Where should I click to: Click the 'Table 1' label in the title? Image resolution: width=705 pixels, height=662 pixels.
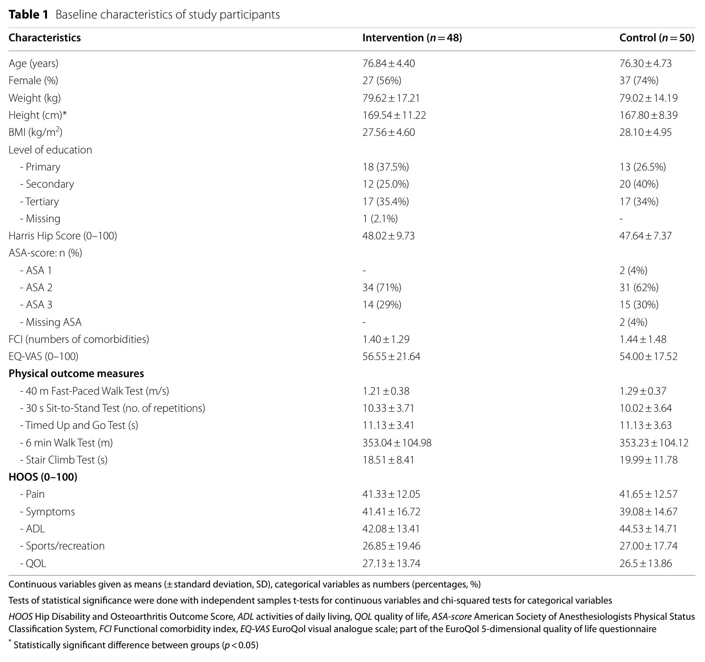pyautogui.click(x=29, y=15)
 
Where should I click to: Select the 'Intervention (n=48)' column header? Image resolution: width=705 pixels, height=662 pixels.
pyautogui.click(x=412, y=38)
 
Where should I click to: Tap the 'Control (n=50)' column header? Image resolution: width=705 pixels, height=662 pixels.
pyautogui.click(x=657, y=38)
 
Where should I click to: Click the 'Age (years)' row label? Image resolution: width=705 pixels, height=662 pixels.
pyautogui.click(x=33, y=64)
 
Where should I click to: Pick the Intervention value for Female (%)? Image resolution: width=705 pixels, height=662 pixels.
pyautogui.click(x=381, y=81)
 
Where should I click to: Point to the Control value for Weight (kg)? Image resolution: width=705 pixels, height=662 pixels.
pyautogui.click(x=648, y=98)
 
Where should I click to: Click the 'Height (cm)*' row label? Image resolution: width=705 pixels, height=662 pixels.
pyautogui.click(x=38, y=115)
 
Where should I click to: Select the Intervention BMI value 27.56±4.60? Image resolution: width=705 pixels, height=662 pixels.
pyautogui.click(x=388, y=132)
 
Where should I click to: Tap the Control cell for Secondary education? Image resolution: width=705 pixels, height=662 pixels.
pyautogui.click(x=639, y=184)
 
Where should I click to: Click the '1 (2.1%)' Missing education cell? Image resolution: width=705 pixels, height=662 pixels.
pyautogui.click(x=380, y=219)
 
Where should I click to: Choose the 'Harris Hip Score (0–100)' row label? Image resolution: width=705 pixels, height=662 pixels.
pyautogui.click(x=63, y=236)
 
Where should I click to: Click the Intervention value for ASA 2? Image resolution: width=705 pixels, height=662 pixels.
pyautogui.click(x=381, y=288)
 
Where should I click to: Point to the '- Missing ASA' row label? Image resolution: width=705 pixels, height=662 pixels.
pyautogui.click(x=50, y=322)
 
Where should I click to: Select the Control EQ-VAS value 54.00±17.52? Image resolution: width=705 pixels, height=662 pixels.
pyautogui.click(x=648, y=357)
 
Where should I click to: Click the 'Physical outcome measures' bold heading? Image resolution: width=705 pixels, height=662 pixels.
pyautogui.click(x=76, y=374)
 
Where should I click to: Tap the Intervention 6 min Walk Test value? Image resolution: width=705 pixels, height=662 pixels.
pyautogui.click(x=397, y=443)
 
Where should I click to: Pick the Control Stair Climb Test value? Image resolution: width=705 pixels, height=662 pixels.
pyautogui.click(x=648, y=460)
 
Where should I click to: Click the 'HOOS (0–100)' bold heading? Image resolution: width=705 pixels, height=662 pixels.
pyautogui.click(x=43, y=477)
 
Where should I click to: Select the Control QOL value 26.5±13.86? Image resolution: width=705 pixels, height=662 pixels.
pyautogui.click(x=645, y=564)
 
